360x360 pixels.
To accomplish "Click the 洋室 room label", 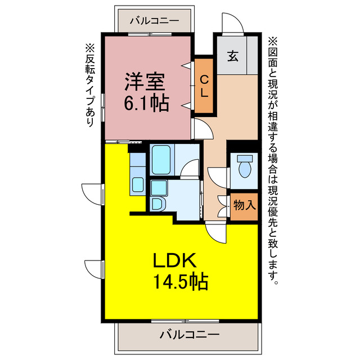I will [x=145, y=82].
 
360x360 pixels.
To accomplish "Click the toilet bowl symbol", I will [x=245, y=166].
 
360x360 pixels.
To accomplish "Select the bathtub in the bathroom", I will [x=161, y=160].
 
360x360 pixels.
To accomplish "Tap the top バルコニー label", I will [x=154, y=22].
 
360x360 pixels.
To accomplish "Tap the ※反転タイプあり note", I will [x=89, y=84].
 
